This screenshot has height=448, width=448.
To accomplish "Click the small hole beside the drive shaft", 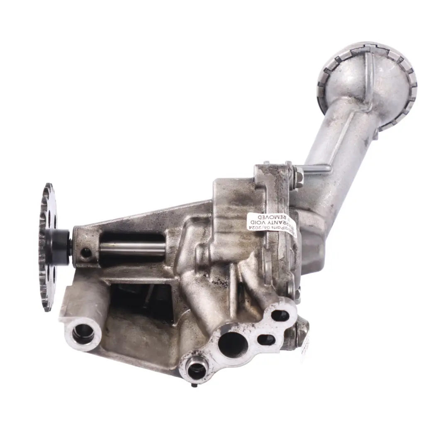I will tap(86, 252).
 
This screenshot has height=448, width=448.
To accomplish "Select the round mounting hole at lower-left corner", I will tap(83, 332).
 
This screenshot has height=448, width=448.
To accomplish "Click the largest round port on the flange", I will tap(232, 344).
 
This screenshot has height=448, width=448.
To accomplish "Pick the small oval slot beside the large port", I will tap(265, 339).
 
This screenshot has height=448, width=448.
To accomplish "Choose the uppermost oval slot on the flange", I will tap(280, 316).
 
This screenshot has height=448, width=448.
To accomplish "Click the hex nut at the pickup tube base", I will tap(297, 176).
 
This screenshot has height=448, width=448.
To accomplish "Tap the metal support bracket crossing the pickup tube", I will tap(315, 168).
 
